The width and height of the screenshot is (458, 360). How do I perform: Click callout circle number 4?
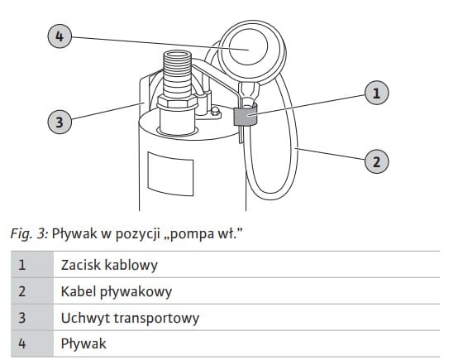pos(60,36)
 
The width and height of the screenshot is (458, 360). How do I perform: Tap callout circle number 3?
pos(60,122)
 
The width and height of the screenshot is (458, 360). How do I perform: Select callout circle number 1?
pos(377,93)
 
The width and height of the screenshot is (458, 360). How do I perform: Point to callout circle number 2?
pos(377,161)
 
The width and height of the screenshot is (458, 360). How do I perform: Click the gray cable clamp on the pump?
pos(246,116)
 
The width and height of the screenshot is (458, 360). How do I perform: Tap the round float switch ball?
pos(251,53)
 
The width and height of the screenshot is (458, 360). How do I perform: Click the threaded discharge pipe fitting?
pos(177,74)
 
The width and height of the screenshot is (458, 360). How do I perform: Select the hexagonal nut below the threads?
pos(177,103)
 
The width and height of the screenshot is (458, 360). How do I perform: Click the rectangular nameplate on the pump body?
pos(170,174)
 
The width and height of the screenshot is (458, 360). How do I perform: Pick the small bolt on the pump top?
pos(215,111)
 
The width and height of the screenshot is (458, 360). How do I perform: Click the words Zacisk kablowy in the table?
pos(109,265)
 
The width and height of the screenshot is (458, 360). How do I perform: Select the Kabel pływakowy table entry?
pos(117,291)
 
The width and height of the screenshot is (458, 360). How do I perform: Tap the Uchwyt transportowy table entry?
pos(130,318)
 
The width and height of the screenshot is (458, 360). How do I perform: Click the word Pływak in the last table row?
pos(83,343)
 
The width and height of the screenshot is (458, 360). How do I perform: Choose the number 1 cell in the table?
pos(32,264)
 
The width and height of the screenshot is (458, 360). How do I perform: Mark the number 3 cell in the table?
pos(32,317)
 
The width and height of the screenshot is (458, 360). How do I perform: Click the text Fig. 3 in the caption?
pos(29,233)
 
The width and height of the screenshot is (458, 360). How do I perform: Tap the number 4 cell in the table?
pos(32,343)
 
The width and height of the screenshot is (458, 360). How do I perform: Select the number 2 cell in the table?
pos(32,291)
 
